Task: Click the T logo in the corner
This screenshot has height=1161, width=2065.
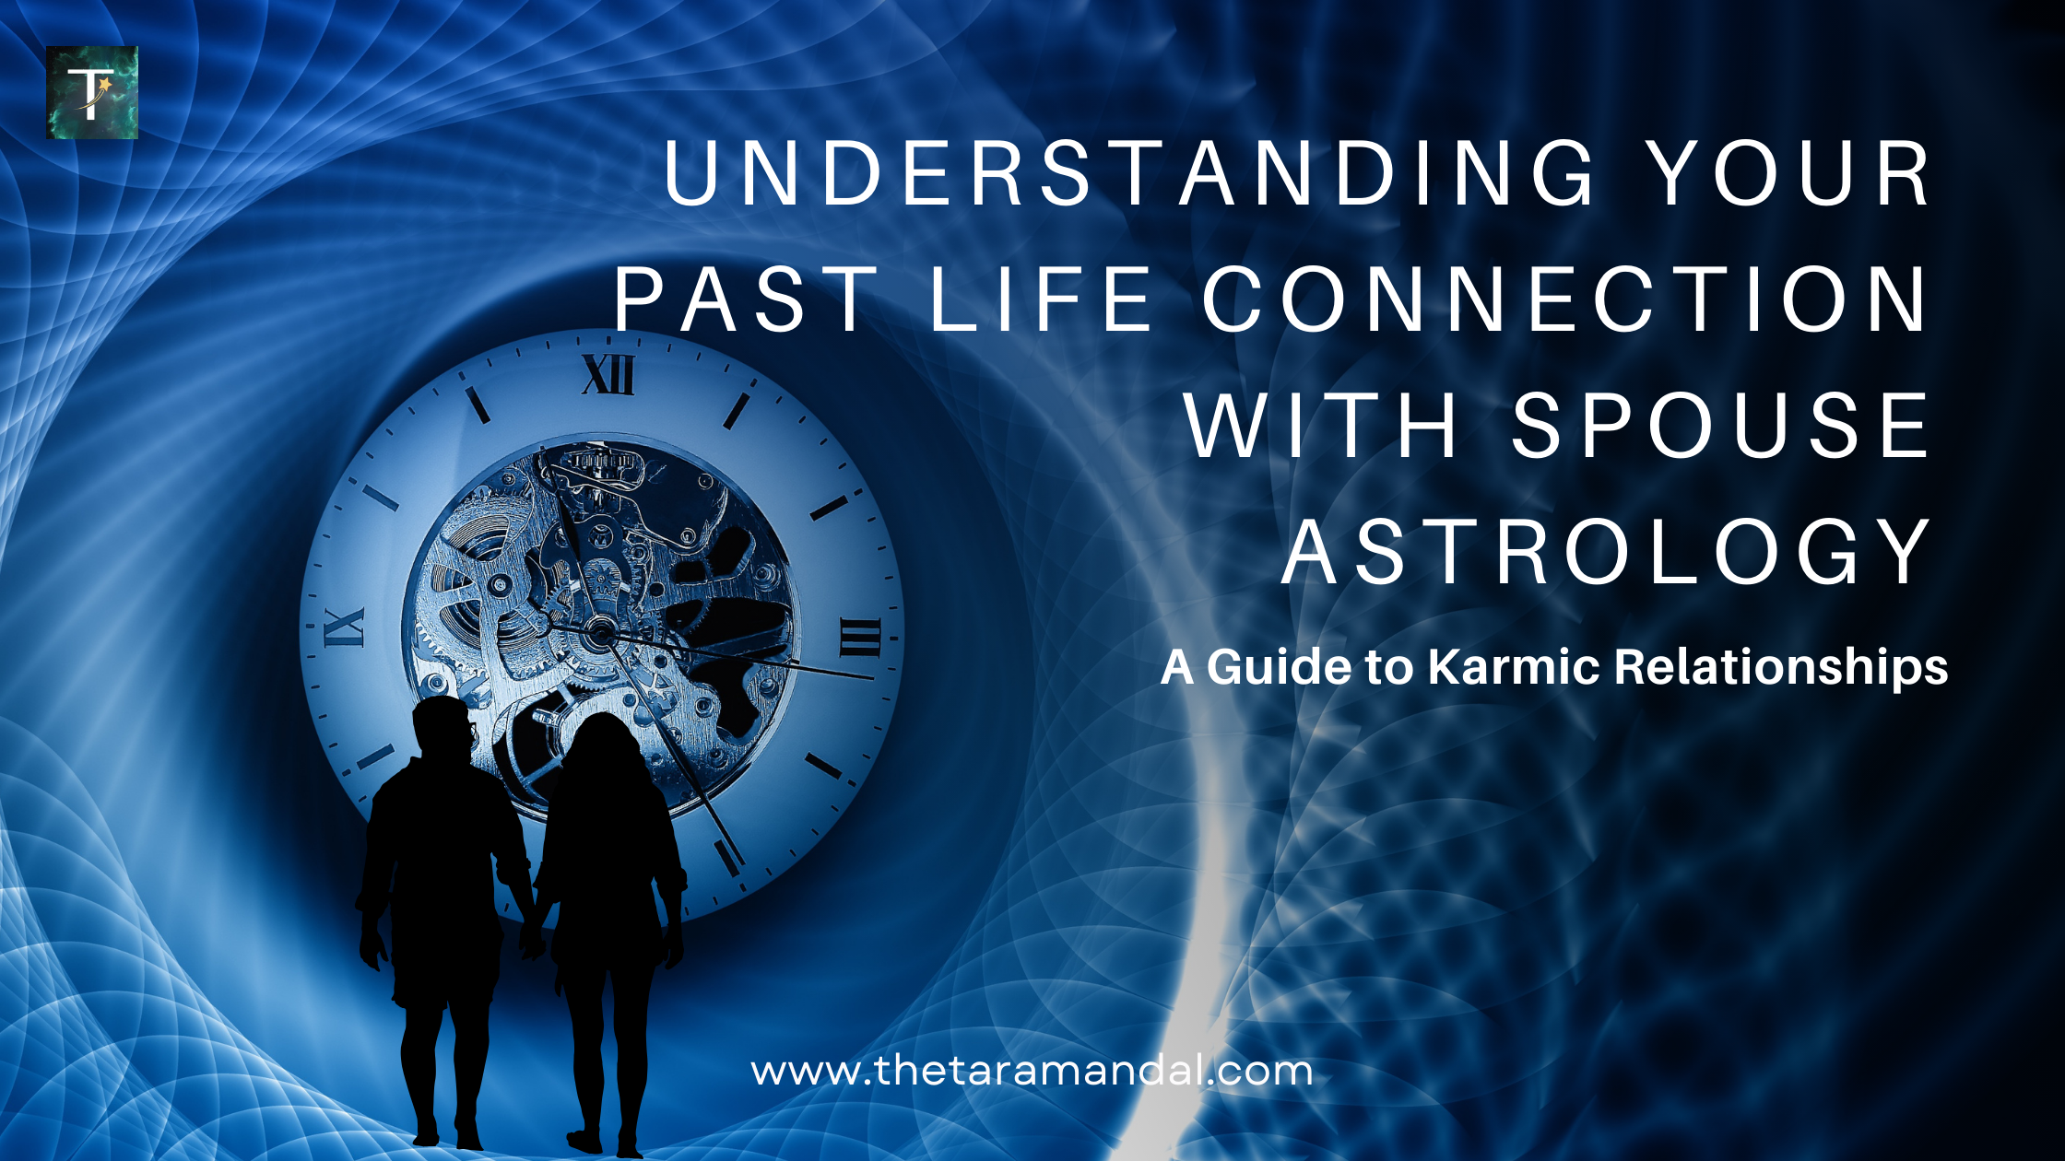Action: pyautogui.click(x=92, y=92)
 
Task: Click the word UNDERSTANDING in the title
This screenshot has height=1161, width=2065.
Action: pyautogui.click(x=1130, y=173)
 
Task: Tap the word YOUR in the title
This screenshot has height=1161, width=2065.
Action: pyautogui.click(x=1789, y=173)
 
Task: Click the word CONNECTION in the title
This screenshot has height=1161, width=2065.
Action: pyautogui.click(x=1565, y=299)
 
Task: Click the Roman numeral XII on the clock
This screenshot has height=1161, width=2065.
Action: pyautogui.click(x=608, y=375)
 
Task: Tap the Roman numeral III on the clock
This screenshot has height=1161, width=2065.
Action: pyautogui.click(x=859, y=637)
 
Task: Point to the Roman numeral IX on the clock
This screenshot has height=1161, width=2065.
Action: pyautogui.click(x=344, y=627)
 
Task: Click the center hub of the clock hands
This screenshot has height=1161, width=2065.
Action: pyautogui.click(x=600, y=631)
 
